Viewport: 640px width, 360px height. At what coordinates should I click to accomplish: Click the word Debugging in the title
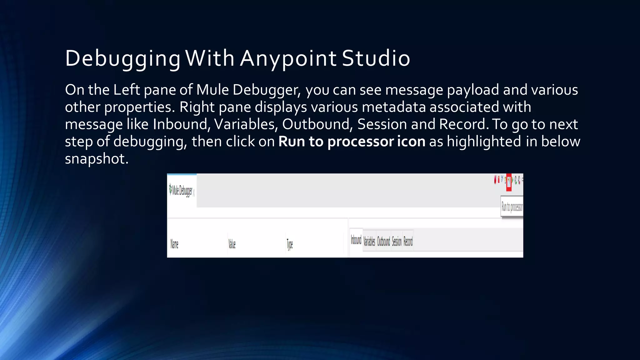tap(122, 58)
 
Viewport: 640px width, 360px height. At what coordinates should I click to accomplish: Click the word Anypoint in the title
tap(288, 58)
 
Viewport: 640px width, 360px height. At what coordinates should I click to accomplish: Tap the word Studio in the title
tap(376, 58)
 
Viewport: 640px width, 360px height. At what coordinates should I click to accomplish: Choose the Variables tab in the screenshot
tap(369, 241)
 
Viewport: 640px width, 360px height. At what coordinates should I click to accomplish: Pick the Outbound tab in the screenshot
tap(383, 241)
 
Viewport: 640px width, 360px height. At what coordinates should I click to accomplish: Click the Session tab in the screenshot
tap(397, 241)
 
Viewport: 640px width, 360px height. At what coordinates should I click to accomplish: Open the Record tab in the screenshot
tap(408, 241)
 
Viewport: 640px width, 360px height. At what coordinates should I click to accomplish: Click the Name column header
tap(174, 244)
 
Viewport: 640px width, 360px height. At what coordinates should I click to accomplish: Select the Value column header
tap(232, 244)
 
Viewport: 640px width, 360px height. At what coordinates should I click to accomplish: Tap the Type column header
tap(290, 244)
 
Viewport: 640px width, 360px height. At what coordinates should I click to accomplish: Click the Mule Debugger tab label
tap(182, 190)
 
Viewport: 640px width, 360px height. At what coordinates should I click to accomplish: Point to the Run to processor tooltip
tap(512, 207)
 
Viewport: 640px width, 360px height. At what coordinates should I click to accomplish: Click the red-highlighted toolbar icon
tap(509, 182)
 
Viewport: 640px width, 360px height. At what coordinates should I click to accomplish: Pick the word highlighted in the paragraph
tap(484, 142)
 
